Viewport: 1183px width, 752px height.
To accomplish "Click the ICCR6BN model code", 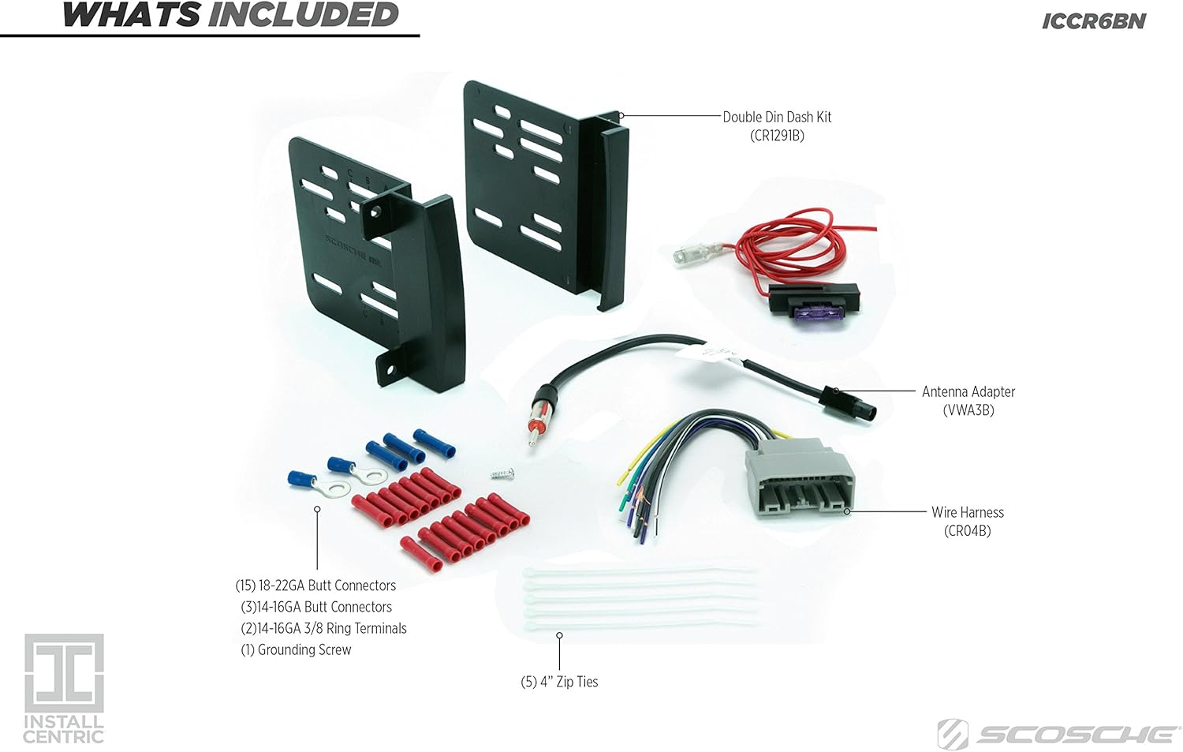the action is click(x=1094, y=21).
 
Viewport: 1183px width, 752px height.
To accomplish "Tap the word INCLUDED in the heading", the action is click(x=303, y=15).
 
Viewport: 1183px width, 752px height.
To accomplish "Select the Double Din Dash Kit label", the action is click(x=777, y=117).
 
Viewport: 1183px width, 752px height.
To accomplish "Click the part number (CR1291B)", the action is click(x=777, y=136).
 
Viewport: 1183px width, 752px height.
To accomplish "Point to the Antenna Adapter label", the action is click(x=968, y=391).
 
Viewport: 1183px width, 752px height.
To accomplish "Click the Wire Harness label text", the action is click(x=968, y=512).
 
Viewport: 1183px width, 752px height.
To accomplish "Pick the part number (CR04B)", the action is click(x=968, y=530).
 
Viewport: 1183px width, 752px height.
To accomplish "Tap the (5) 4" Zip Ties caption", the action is click(x=559, y=682).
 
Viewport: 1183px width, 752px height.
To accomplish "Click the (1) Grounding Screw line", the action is click(x=296, y=649).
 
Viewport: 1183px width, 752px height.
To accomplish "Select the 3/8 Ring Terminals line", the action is click(x=323, y=628).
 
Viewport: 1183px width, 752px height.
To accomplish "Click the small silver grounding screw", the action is click(x=502, y=473).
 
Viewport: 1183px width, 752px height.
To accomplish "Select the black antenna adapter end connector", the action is click(x=848, y=404).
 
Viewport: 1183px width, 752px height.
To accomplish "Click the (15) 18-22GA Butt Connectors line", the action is click(x=315, y=586).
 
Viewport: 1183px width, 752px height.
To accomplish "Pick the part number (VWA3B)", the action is click(x=968, y=410).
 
